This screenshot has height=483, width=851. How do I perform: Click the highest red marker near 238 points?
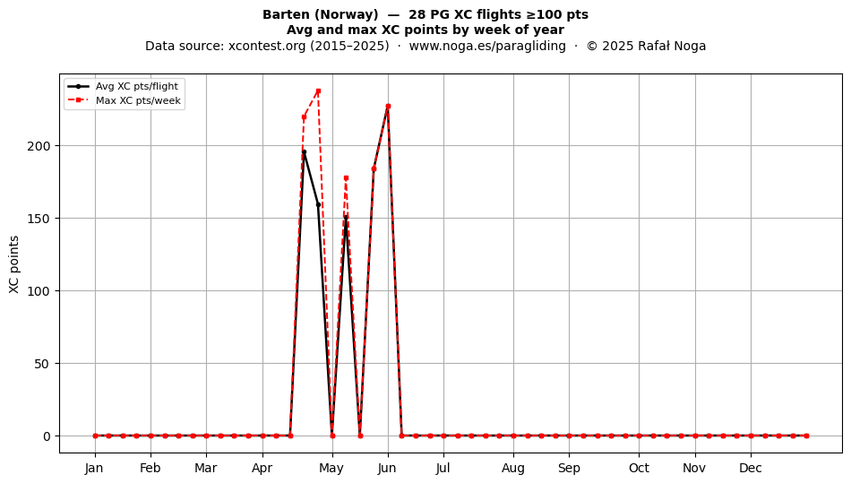coord(318,91)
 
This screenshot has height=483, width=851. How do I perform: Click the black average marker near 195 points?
coord(304,152)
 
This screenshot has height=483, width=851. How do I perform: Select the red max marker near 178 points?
coord(346,177)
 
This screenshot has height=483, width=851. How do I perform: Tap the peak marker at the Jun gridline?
coord(388,107)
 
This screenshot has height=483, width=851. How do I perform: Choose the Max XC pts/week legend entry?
coord(125,100)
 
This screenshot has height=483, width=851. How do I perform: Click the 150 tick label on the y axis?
coord(39,219)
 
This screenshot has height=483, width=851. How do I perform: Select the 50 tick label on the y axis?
coord(42,364)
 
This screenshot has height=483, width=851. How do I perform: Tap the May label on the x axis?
coord(331,468)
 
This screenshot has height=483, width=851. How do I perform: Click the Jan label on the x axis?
coord(94,468)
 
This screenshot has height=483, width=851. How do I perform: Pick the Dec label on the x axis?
coord(751,468)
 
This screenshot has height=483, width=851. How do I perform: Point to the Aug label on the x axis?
coord(513,468)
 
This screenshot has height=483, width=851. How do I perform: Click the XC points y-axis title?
coord(14,265)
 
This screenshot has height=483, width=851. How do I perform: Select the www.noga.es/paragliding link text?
coord(487,46)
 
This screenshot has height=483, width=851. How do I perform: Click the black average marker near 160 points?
coord(319,204)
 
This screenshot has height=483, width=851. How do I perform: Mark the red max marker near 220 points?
coord(304,116)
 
